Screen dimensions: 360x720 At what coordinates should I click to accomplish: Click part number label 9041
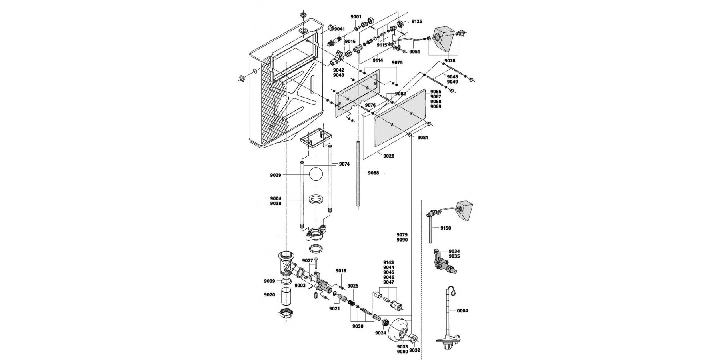340,29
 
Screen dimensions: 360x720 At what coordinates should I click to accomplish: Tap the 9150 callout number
445,228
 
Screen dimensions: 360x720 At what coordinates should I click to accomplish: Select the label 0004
462,311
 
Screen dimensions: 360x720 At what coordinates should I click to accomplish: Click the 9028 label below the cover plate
388,156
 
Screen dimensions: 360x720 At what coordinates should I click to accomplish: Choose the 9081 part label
422,138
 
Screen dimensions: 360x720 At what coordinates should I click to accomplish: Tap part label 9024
380,333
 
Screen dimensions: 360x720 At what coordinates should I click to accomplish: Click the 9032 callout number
415,350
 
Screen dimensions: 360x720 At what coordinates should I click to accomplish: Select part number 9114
378,60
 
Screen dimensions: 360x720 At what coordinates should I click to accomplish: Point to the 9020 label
269,295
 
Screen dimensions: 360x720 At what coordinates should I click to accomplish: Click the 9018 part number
341,271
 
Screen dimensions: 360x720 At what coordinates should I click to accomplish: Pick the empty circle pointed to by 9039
316,175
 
